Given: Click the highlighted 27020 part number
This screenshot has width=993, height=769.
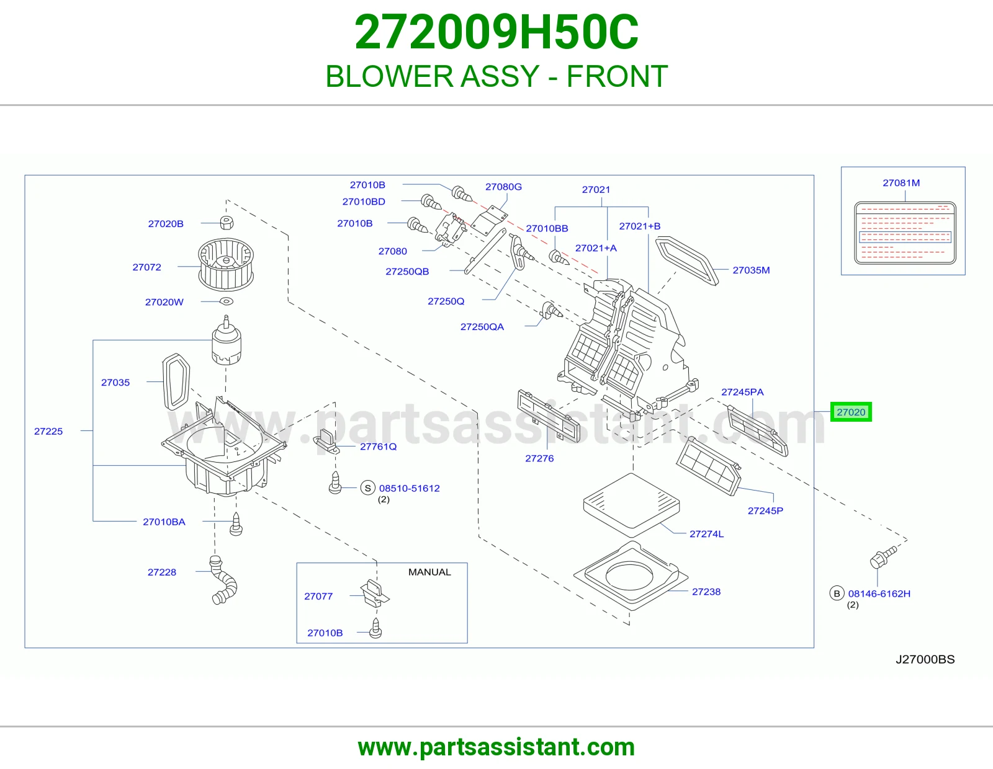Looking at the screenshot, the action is pos(850,412).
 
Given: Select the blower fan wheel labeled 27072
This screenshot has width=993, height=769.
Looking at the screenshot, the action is pos(226,264).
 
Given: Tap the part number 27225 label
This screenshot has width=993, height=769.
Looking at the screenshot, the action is pos(48,431).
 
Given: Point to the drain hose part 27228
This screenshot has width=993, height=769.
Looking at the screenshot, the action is pos(223,580).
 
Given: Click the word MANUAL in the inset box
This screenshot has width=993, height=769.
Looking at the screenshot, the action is pos(429,572).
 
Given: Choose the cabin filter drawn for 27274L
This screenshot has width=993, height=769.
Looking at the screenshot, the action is pos(631,505).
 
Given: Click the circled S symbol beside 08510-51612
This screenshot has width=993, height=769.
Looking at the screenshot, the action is pos(367,487).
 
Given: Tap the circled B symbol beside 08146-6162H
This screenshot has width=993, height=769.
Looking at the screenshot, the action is pos(837,593).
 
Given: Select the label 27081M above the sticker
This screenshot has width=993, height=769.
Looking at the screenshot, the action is pos(901,183).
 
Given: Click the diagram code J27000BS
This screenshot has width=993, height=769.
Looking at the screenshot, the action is pos(925,659).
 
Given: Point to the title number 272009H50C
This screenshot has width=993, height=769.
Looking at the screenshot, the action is pos(496,32).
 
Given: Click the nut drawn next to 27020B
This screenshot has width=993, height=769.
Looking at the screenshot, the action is pos(227,223).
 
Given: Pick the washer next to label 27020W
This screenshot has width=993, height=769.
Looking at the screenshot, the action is pos(226,301).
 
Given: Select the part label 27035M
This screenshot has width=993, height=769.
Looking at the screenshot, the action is pos(751,270).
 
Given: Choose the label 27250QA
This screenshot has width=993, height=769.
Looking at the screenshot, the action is pos(482,326).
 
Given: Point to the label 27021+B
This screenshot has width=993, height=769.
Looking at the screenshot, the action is pos(639,226).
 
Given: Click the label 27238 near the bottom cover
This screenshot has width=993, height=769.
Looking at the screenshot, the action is pos(706,592).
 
